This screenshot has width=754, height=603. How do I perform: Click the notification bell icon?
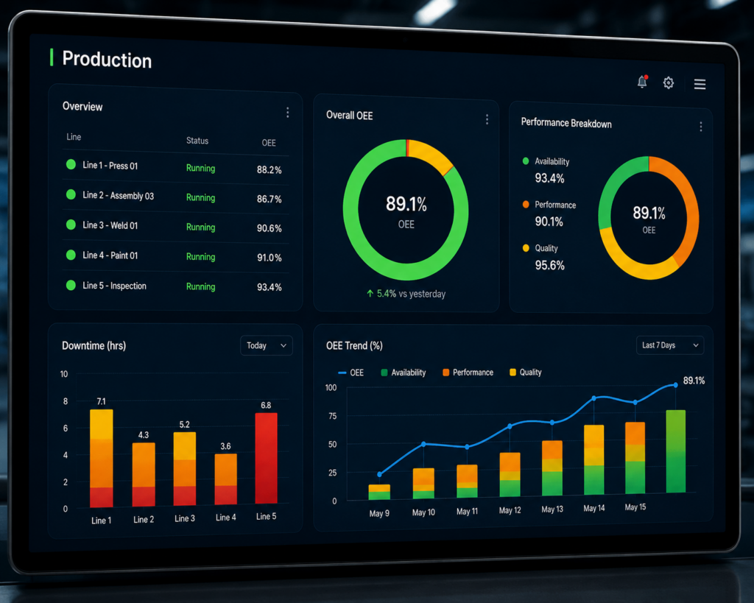(642, 82)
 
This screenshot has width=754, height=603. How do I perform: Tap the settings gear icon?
(669, 83)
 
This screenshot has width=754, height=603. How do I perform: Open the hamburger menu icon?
(700, 85)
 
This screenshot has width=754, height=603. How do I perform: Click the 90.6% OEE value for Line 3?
(269, 228)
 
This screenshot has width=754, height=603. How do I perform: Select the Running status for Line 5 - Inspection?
(200, 286)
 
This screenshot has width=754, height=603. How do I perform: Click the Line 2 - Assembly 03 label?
(119, 195)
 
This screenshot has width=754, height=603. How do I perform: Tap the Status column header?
(197, 141)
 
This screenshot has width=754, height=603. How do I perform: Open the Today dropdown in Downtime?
(267, 345)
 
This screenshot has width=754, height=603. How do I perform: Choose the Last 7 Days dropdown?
(670, 345)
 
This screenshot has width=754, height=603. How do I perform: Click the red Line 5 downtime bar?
(266, 458)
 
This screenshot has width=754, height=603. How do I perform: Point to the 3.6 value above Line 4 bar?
(225, 446)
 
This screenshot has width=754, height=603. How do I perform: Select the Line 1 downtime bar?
(102, 458)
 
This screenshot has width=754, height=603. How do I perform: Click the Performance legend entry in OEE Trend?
(468, 373)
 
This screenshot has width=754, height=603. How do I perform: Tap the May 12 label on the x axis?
(510, 510)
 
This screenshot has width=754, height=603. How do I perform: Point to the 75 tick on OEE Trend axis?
(332, 416)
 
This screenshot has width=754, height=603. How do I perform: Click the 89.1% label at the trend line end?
(694, 381)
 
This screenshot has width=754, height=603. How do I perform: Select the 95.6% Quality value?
(549, 266)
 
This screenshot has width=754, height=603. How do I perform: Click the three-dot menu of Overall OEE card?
(487, 119)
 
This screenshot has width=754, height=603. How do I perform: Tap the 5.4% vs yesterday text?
(406, 294)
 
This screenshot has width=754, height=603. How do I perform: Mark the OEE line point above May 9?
(379, 475)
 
